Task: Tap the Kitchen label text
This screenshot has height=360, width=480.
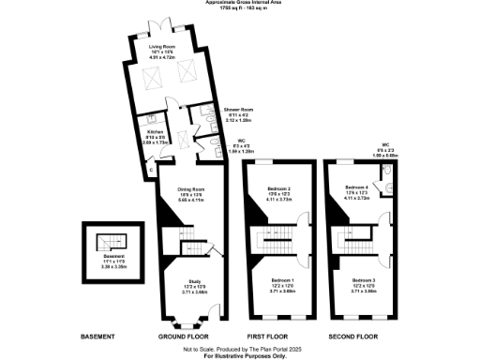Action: tap(142, 132)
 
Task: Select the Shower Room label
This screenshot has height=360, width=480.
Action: tap(239, 111)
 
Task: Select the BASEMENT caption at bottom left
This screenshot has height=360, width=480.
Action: tap(98, 336)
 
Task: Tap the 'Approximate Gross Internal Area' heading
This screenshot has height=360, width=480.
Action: tap(239, 3)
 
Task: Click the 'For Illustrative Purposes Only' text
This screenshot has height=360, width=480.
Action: tap(239, 356)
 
